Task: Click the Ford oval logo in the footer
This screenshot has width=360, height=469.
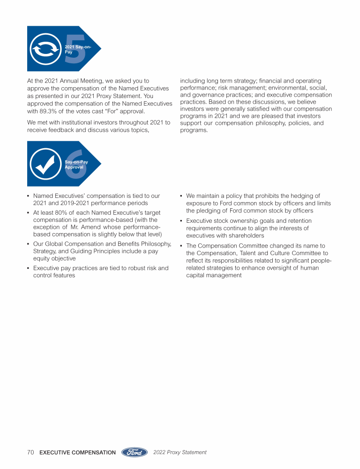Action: pos(135,453)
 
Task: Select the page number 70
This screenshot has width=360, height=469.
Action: pos(31,453)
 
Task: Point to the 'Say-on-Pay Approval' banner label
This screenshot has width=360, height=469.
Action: pos(76,164)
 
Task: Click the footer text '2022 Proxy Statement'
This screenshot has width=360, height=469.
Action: pos(180,453)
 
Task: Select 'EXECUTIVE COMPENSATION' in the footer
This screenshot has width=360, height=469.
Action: pos(77,453)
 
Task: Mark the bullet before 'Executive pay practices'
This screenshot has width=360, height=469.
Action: pos(29,268)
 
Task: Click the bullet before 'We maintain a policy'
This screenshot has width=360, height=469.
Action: pos(181,196)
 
